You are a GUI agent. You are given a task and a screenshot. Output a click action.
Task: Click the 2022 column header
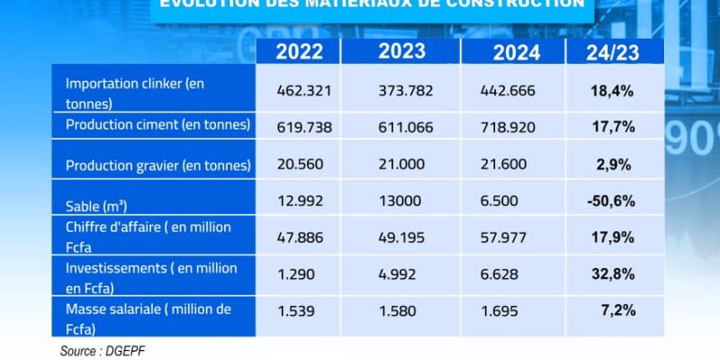pyautogui.click(x=300, y=52)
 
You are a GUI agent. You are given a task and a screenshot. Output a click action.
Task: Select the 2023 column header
pyautogui.click(x=401, y=50)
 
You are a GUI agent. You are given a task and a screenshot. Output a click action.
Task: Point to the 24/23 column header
pyautogui.click(x=612, y=52)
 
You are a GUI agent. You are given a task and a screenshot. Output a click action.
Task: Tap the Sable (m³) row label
pyautogui.click(x=96, y=205)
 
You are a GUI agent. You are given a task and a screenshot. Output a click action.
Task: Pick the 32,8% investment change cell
pyautogui.click(x=611, y=273)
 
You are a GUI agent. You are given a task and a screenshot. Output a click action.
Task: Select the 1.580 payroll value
pyautogui.click(x=400, y=310)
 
